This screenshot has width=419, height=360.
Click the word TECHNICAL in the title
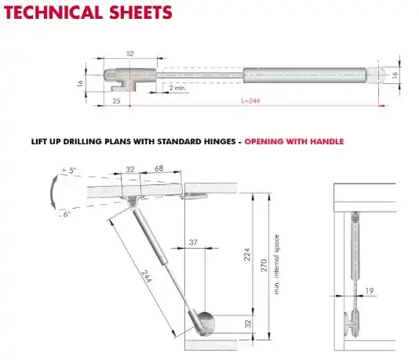(53, 13)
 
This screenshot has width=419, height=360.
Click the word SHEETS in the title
(140, 13)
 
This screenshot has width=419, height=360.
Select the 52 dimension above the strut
(130, 53)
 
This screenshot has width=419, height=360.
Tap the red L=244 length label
(250, 100)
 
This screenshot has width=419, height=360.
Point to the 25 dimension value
(116, 101)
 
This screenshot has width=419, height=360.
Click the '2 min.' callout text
(177, 88)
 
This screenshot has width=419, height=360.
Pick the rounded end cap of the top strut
(376, 75)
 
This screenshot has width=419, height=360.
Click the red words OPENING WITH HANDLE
(294, 141)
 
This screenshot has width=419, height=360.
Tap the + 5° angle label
(69, 170)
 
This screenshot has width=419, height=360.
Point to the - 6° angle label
(64, 214)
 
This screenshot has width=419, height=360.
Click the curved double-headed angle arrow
(53, 192)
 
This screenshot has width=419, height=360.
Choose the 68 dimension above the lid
(158, 169)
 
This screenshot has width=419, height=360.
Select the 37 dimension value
(193, 242)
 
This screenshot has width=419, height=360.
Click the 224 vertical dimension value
(247, 255)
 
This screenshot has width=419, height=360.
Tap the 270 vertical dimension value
(264, 265)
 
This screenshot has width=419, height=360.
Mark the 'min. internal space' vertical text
(276, 264)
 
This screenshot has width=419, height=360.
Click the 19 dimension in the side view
(370, 290)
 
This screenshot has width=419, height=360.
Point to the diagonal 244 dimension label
(147, 276)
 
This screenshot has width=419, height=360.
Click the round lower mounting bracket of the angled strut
(206, 323)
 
